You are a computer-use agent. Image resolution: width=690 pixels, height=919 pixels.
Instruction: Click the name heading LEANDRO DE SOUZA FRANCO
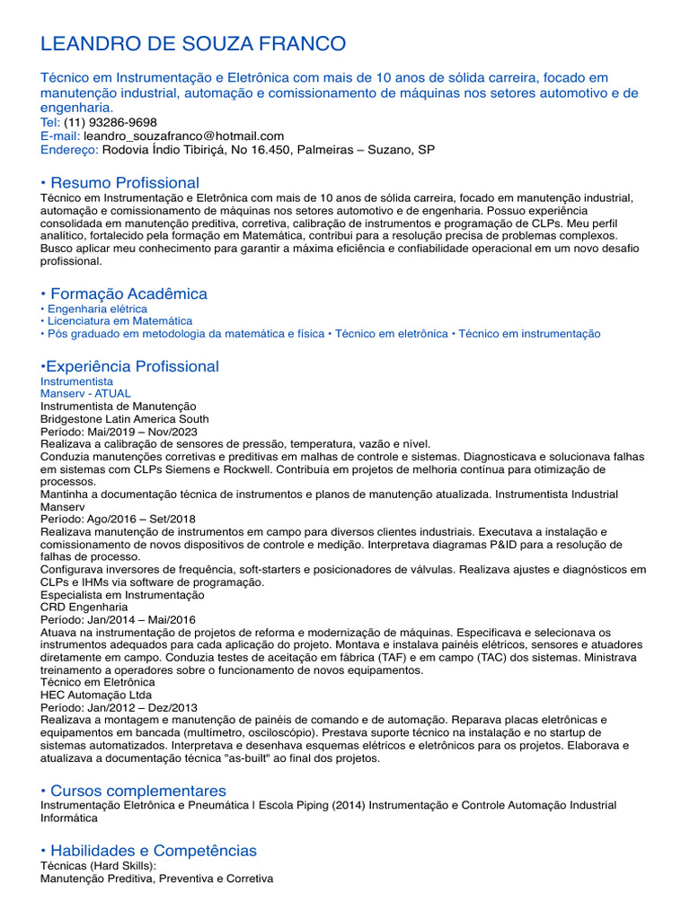pos(193,44)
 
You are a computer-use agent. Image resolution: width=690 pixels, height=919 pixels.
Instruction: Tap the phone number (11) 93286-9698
pos(111,122)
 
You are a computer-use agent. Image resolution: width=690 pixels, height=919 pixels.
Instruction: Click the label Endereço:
pos(70,150)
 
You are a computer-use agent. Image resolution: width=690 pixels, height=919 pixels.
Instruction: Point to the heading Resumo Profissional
pos(124,183)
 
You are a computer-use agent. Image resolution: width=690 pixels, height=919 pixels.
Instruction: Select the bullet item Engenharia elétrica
pos(97,309)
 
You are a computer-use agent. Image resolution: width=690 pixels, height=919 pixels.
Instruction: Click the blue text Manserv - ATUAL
pos(85,393)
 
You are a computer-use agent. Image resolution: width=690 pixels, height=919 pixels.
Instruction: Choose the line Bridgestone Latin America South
pos(125,418)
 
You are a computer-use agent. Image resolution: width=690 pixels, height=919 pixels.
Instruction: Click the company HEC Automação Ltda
pos(96,695)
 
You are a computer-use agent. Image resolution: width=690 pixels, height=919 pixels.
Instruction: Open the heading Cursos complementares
pos(137,791)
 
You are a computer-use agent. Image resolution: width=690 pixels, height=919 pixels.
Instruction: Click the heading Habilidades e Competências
pos(153,850)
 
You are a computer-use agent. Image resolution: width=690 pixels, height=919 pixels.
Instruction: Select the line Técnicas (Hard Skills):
pos(99,865)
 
